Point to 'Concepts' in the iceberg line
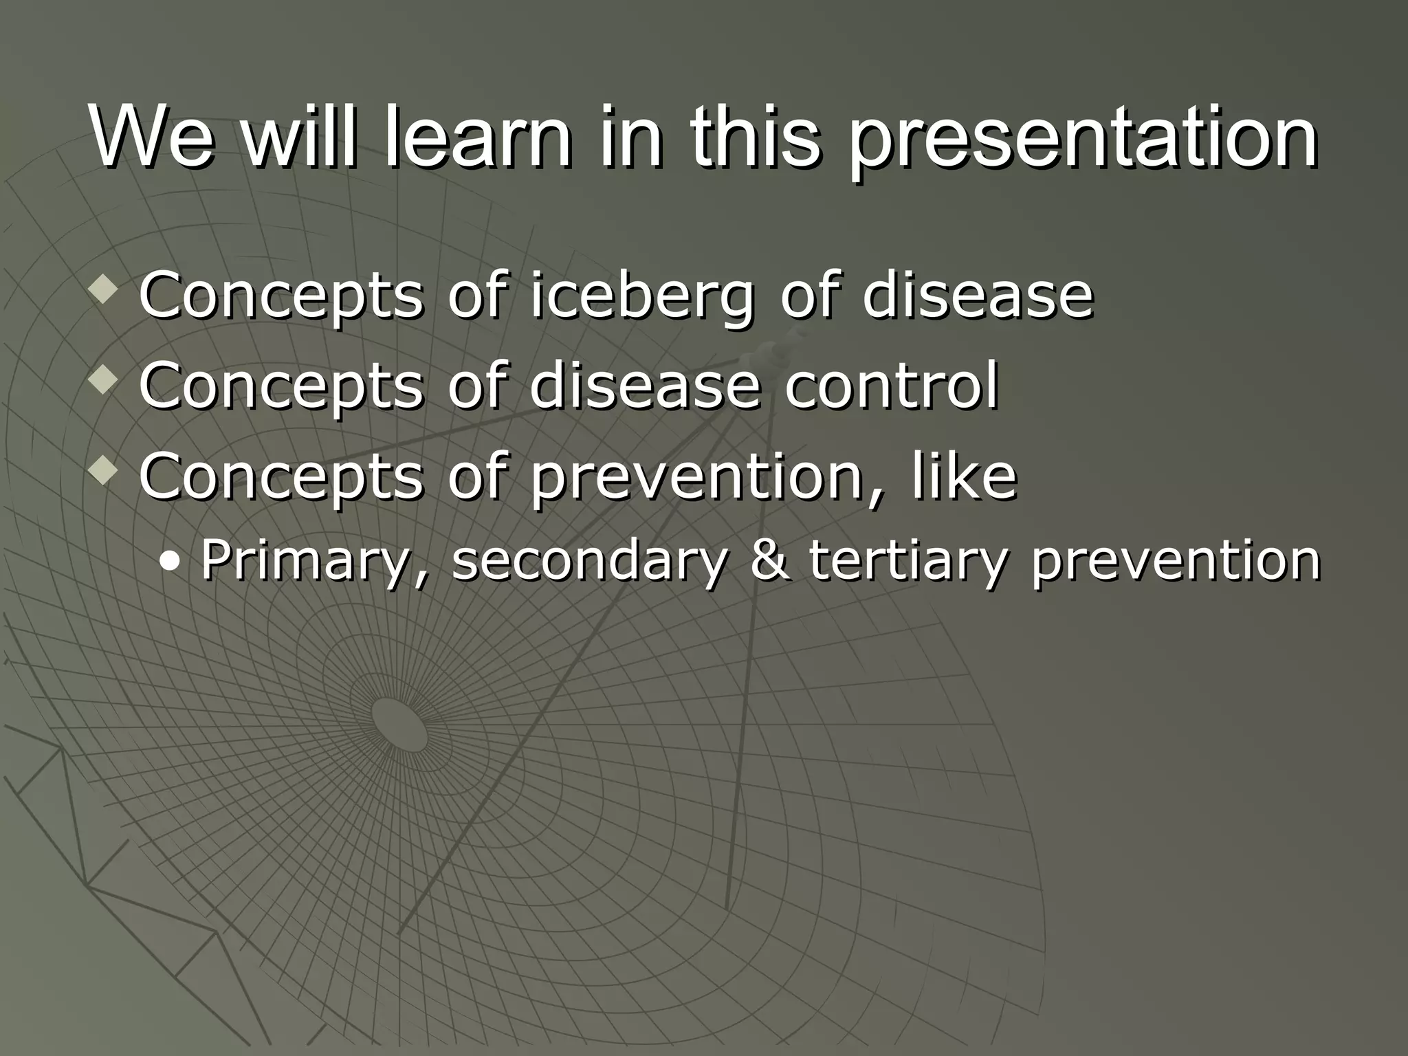click(x=280, y=297)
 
